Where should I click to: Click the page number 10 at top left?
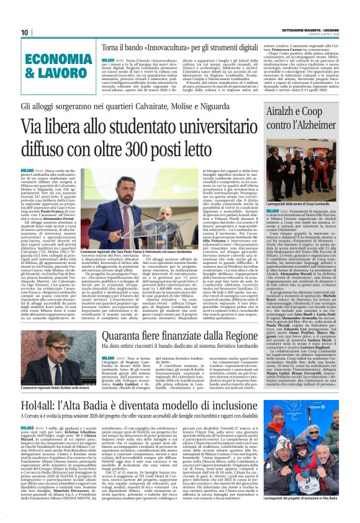point(24,33)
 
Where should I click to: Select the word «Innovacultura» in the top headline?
point(164,47)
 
